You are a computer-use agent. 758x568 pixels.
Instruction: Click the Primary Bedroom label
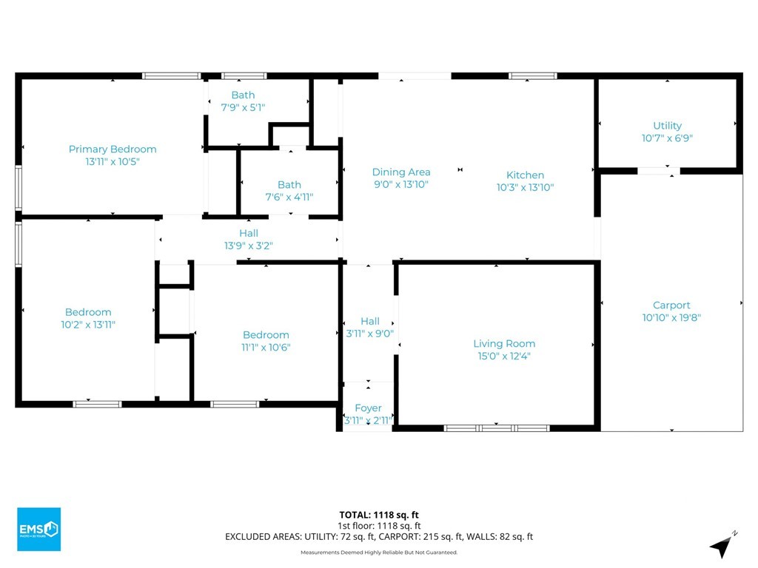[x=113, y=149]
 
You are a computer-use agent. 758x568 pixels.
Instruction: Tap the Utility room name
[x=667, y=126]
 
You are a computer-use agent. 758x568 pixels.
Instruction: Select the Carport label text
[x=671, y=305]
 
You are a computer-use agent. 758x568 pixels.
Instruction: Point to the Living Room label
[x=504, y=343]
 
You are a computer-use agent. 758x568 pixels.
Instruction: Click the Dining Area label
[x=401, y=172]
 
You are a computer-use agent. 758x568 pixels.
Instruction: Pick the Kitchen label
[x=525, y=175]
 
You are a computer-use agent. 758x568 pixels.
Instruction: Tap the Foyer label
[x=368, y=408]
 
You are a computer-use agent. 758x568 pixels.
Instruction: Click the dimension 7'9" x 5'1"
[x=243, y=107]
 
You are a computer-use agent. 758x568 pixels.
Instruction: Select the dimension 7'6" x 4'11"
[x=289, y=197]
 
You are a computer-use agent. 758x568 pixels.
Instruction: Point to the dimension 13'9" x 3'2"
[x=249, y=246]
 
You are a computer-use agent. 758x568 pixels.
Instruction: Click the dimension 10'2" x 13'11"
[x=88, y=325]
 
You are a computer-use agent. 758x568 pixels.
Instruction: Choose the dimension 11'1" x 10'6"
[x=266, y=348]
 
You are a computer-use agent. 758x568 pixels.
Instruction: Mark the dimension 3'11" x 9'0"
[x=370, y=334]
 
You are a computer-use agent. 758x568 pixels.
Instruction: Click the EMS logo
[x=39, y=529]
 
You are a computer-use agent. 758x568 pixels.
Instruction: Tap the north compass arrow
[x=722, y=546]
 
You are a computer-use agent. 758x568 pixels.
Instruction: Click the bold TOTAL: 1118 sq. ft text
[x=379, y=515]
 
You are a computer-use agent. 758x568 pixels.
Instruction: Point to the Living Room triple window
[x=497, y=428]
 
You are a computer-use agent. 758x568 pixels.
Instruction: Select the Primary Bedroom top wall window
[x=171, y=76]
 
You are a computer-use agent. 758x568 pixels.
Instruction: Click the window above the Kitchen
[x=533, y=76]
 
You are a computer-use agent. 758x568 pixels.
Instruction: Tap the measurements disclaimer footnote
[x=379, y=552]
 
